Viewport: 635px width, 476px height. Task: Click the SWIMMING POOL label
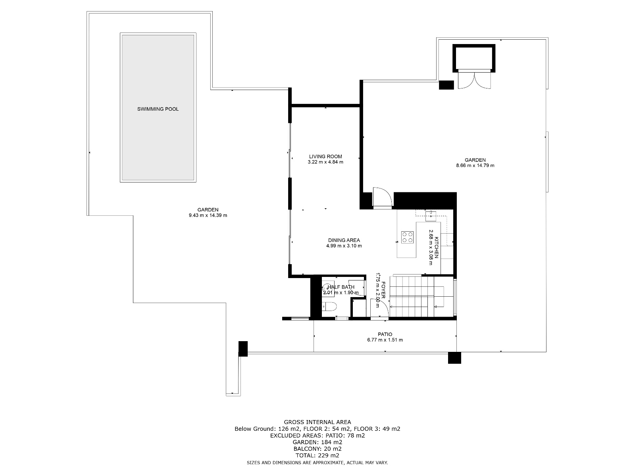158,109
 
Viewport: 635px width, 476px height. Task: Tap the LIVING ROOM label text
325,157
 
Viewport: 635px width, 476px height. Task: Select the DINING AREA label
344,240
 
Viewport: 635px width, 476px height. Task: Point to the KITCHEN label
437,248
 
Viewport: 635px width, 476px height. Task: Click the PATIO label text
385,334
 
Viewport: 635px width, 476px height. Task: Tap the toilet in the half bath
329,306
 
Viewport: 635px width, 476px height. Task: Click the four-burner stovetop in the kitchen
407,237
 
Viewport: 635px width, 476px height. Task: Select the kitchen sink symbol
431,216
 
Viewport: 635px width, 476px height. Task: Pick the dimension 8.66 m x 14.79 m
475,165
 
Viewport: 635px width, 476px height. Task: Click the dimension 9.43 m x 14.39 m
208,215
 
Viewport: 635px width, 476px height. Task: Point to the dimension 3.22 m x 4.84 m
325,162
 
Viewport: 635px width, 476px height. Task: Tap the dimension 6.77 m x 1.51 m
385,340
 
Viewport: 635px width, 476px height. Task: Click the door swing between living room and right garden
383,197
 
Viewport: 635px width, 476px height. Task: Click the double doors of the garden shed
474,81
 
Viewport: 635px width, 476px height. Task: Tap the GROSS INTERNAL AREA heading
317,422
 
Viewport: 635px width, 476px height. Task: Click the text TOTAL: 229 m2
317,455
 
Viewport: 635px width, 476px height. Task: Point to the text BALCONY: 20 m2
317,449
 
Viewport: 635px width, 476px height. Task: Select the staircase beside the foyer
421,297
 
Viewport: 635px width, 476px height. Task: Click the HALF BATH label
341,287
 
